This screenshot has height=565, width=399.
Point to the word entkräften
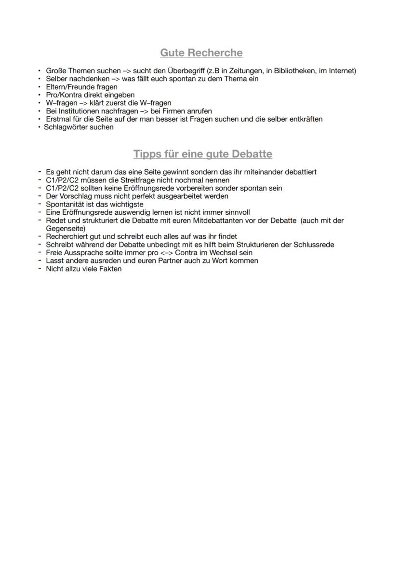point(306,119)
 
